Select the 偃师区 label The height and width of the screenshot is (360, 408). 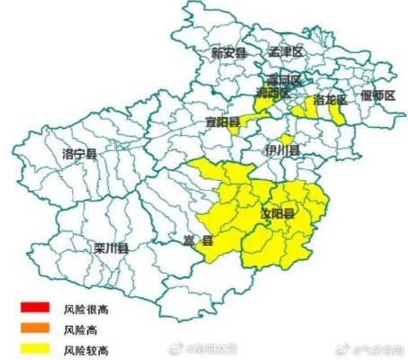pyautogui.click(x=377, y=94)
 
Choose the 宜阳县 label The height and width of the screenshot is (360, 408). pyautogui.click(x=222, y=121)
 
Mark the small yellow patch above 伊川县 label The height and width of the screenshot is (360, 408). pyautogui.click(x=286, y=138)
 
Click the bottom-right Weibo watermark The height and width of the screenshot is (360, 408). pyautogui.click(x=369, y=346)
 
